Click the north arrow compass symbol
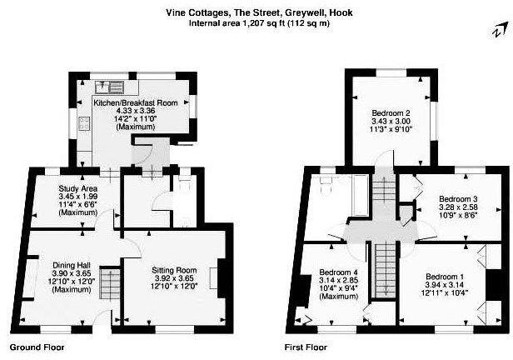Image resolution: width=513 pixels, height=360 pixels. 501,31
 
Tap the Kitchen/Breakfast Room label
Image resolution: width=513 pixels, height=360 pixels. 136,102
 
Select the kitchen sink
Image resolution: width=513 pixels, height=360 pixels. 110,87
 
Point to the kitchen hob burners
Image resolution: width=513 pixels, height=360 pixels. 84,123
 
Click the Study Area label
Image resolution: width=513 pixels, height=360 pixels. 78,188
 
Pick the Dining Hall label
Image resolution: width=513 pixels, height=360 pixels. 72,266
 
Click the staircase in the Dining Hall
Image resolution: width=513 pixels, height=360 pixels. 110,283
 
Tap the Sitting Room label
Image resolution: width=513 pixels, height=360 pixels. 174,270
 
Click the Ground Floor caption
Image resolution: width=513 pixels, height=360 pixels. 37,347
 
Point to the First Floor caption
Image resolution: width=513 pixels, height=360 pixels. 306,347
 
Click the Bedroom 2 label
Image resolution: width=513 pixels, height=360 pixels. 391,113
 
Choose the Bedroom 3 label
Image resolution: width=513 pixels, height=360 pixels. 458,199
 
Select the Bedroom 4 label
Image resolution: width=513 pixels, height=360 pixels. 339,272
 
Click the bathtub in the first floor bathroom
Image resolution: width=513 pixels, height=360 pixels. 361,195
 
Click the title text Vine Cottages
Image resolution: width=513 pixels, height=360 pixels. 197,12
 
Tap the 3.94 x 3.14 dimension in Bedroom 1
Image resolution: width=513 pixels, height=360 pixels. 445,285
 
